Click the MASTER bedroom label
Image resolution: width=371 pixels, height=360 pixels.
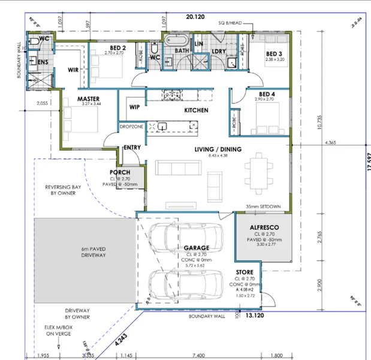pos(88,98)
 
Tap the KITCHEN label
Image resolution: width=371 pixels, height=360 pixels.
pos(196,110)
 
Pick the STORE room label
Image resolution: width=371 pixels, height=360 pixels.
pos(243,272)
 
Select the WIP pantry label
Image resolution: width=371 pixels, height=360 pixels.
pos(134,107)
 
